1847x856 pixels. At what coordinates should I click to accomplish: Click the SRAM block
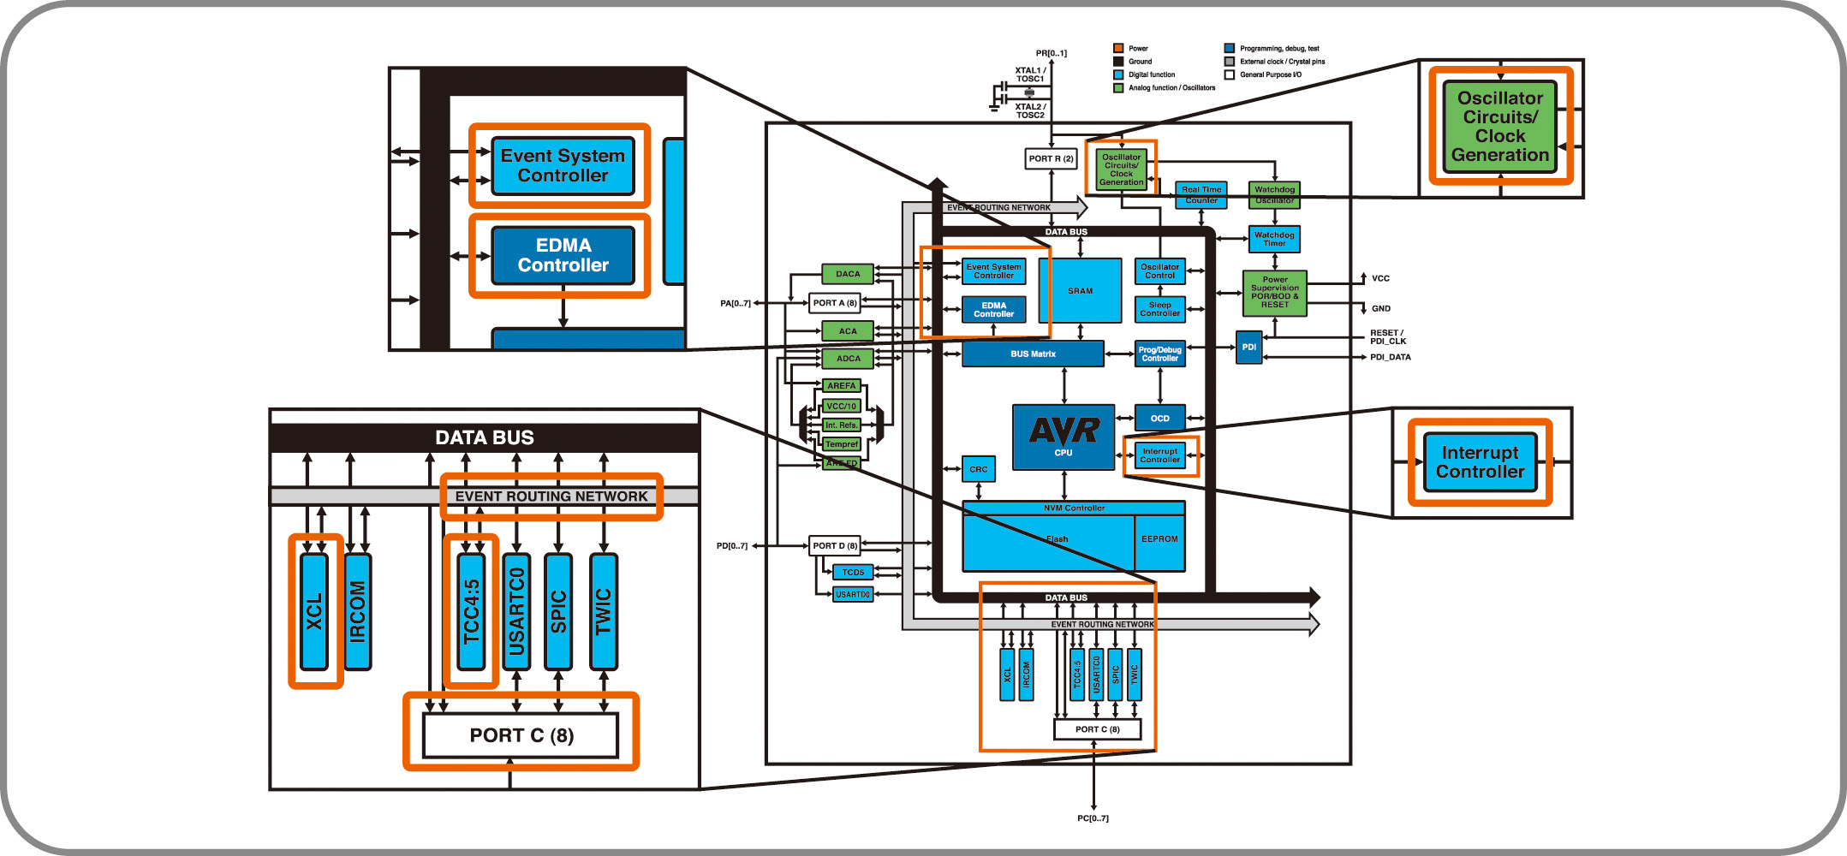tap(1080, 290)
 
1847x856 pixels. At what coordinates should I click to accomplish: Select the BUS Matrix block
tap(1033, 354)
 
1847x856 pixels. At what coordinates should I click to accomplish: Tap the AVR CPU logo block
tap(1064, 437)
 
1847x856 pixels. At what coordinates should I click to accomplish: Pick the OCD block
tap(1159, 418)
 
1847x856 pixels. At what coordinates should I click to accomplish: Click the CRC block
tap(978, 469)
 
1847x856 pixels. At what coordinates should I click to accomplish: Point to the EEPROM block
tap(1159, 539)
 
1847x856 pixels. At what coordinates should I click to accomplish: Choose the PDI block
tap(1249, 347)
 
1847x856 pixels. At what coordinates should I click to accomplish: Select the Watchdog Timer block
tap(1274, 239)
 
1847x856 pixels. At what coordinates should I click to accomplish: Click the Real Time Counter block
tap(1201, 194)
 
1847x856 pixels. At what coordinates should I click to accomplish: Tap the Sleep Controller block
tap(1159, 309)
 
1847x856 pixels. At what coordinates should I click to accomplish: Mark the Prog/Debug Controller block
tap(1159, 354)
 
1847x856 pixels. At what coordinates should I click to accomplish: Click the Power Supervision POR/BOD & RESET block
tap(1274, 293)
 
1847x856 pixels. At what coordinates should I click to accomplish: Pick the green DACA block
tap(848, 274)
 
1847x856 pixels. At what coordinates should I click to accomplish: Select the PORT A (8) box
tap(834, 303)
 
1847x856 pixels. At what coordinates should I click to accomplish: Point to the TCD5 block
tap(853, 572)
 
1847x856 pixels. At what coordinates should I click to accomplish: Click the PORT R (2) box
tap(1051, 158)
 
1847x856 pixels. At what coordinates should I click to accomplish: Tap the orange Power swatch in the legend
tap(1118, 48)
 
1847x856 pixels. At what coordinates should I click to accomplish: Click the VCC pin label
tap(1380, 278)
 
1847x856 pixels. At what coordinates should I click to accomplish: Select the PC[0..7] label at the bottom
tap(1093, 818)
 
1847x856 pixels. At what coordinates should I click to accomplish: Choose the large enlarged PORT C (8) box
tap(521, 735)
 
